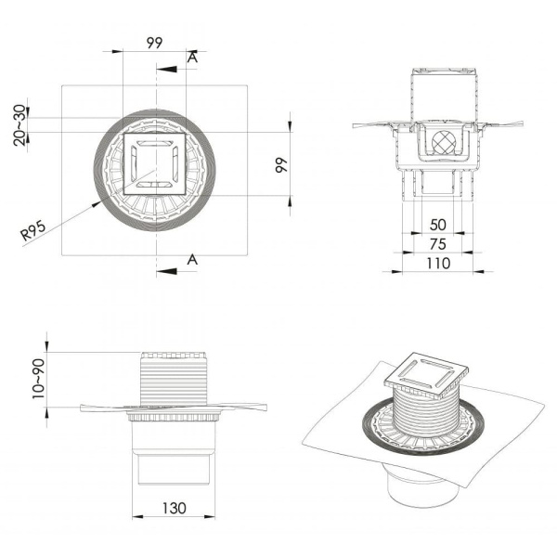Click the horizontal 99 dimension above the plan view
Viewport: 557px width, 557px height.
(x=154, y=43)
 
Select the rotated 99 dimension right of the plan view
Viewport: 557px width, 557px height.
(x=282, y=165)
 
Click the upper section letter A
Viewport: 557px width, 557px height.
(x=192, y=58)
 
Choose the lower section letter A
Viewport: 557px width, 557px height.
(x=192, y=259)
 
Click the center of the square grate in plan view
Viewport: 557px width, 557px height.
(x=155, y=163)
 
